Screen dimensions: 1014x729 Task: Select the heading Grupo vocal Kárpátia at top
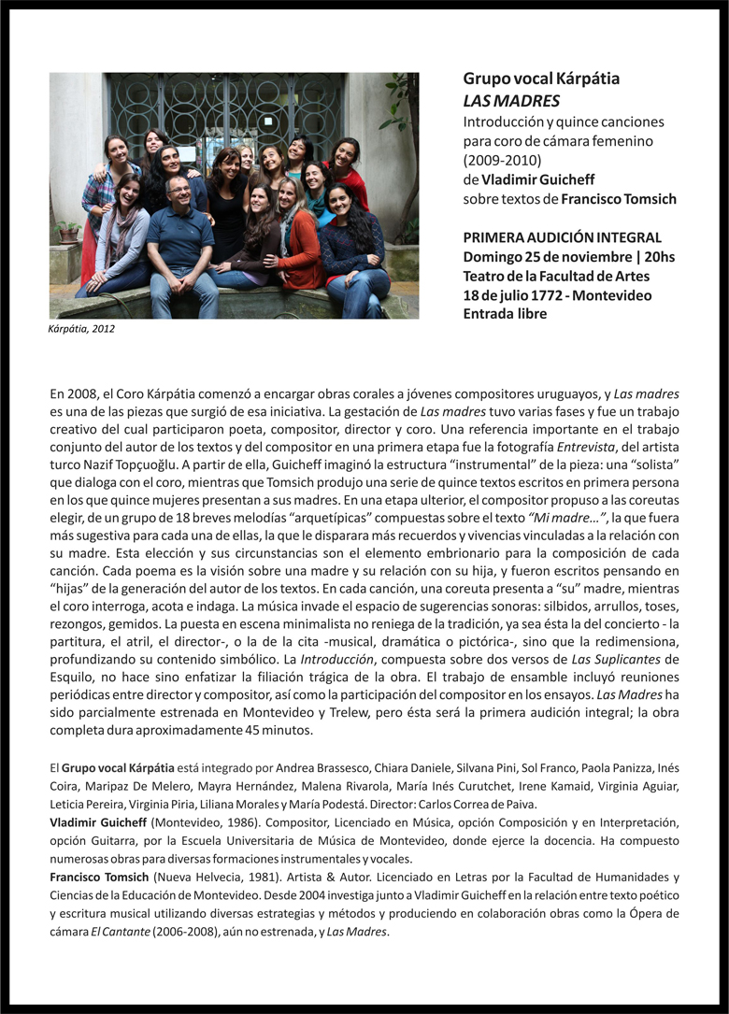coord(541,79)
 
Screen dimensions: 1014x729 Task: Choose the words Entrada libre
coord(505,314)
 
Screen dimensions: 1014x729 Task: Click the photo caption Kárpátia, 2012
coord(81,329)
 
